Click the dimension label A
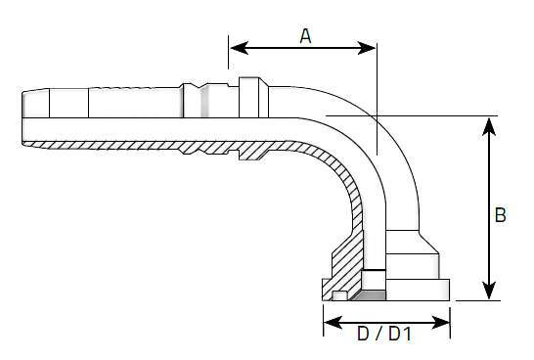305,36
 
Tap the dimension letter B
500,215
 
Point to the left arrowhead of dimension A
239,48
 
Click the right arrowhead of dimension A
366,48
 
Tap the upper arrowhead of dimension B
489,127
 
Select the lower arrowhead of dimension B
489,291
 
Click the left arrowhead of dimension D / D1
334,322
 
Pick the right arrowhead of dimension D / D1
440,322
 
